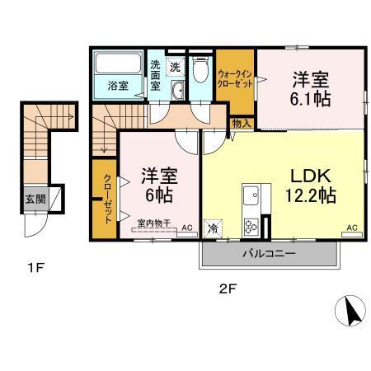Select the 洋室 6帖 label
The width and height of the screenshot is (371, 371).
pyautogui.click(x=159, y=186)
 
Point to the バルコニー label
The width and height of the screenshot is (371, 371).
pyautogui.click(x=268, y=254)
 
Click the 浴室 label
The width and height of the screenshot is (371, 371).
pyautogui.click(x=118, y=85)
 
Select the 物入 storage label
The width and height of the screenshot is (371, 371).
pyautogui.click(x=241, y=123)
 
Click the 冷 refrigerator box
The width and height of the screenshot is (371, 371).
pyautogui.click(x=213, y=228)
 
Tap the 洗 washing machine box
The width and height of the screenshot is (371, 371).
pyautogui.click(x=175, y=65)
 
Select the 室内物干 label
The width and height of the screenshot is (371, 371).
pyautogui.click(x=153, y=222)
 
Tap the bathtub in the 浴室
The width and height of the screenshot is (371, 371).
pyautogui.click(x=118, y=66)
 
